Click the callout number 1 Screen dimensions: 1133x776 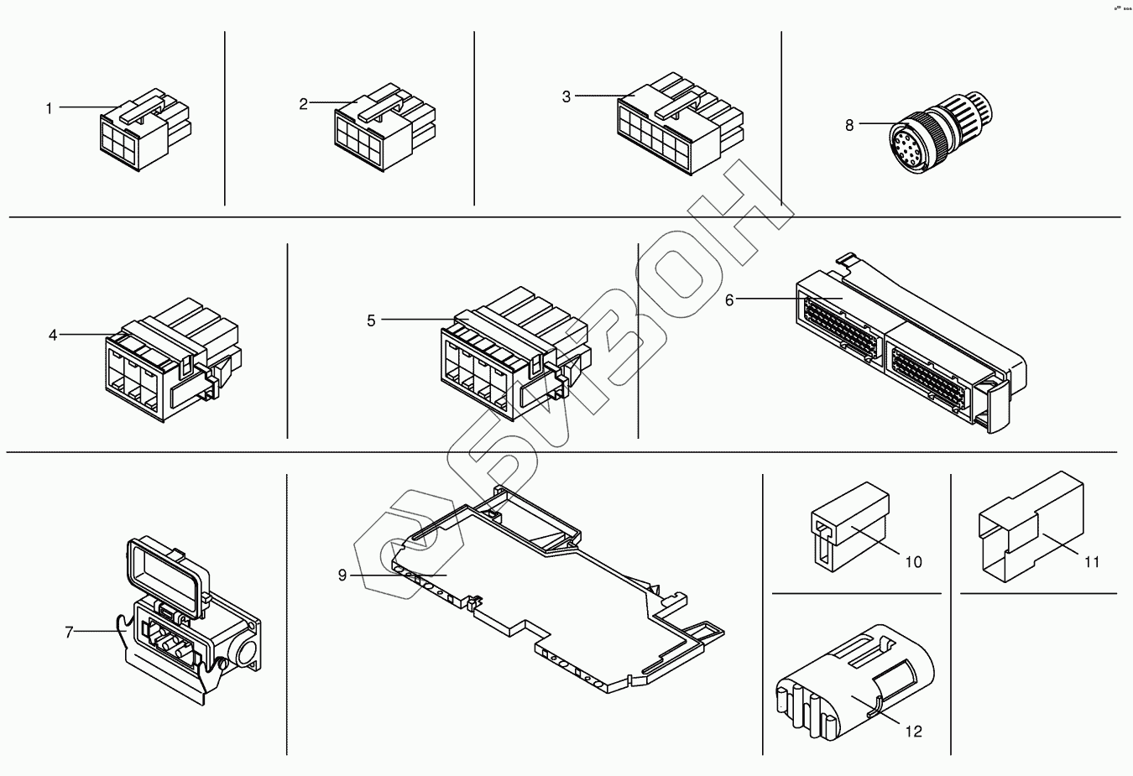(49, 108)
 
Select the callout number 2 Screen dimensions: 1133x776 (304, 104)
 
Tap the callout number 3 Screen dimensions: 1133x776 (566, 97)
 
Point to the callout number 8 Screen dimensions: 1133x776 (849, 125)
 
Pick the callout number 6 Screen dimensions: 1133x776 (729, 299)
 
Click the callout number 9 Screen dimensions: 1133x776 (342, 575)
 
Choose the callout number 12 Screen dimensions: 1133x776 (914, 732)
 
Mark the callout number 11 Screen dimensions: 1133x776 (1091, 562)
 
